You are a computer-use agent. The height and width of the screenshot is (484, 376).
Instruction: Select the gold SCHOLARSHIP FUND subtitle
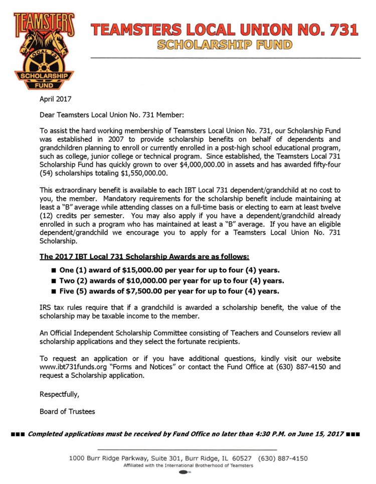[224, 45]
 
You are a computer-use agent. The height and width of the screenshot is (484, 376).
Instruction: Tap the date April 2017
[56, 99]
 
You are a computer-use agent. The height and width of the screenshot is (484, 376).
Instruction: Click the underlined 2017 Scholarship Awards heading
[144, 257]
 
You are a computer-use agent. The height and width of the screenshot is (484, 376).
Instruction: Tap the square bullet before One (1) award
[54, 270]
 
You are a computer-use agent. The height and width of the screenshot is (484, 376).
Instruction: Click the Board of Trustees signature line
[67, 412]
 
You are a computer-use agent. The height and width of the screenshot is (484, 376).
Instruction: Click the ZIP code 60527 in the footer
[241, 458]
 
